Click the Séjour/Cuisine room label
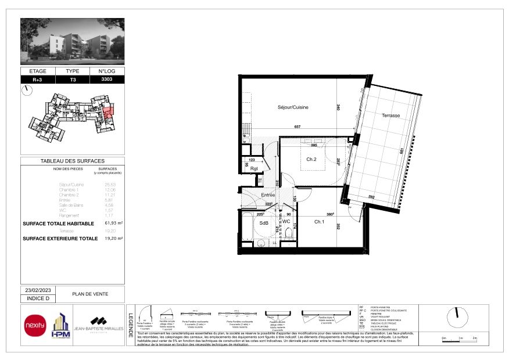pyautogui.click(x=293, y=107)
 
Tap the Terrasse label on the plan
pyautogui.click(x=390, y=116)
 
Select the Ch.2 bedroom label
pyautogui.click(x=311, y=159)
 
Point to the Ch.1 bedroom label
pyautogui.click(x=319, y=222)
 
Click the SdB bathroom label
pyautogui.click(x=263, y=224)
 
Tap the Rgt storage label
pyautogui.click(x=253, y=169)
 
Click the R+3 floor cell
pyautogui.click(x=37, y=79)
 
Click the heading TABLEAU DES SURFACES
pyautogui.click(x=73, y=161)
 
